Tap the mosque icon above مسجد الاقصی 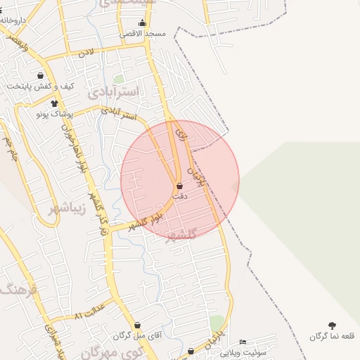[x=143, y=23]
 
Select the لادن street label [x=86, y=52]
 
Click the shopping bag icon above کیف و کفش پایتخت [x=40, y=75]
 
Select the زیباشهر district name [x=69, y=208]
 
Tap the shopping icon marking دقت [x=180, y=186]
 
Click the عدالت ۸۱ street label [x=89, y=311]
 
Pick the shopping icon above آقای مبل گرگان [x=137, y=326]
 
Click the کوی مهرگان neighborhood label [x=116, y=352]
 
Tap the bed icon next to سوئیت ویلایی [x=243, y=342]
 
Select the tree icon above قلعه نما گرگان [x=332, y=326]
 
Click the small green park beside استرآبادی [x=119, y=79]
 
